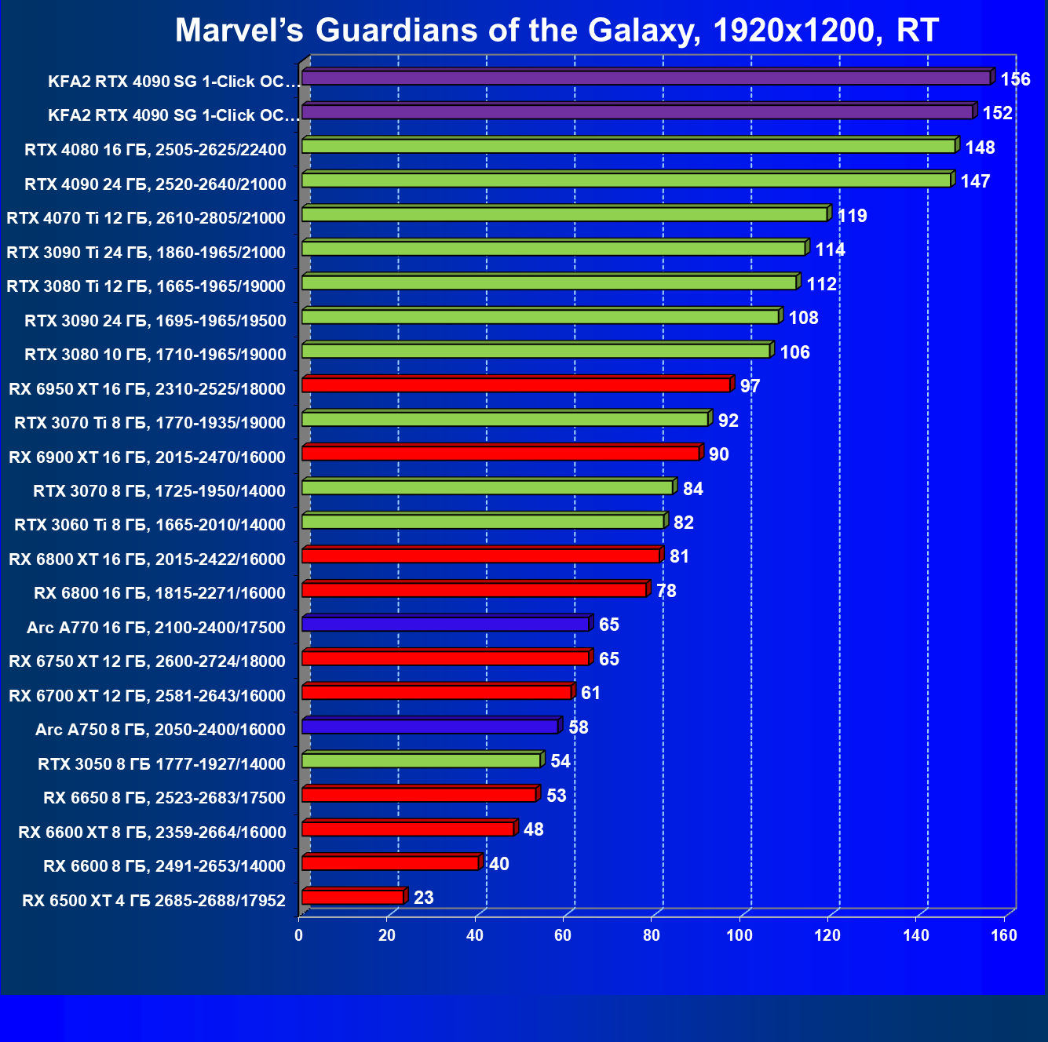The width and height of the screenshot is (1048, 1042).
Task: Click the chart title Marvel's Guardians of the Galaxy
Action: (556, 31)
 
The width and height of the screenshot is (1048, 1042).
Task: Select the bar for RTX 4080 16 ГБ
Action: (628, 146)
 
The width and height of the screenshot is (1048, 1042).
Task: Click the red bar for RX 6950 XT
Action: (516, 384)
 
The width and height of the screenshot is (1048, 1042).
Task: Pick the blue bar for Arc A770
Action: (445, 624)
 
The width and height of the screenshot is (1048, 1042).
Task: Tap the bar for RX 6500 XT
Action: (352, 897)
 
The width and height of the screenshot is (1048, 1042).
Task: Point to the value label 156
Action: (1015, 79)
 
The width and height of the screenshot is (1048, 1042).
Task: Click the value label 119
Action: (853, 216)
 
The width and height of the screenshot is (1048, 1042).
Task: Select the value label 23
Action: (424, 898)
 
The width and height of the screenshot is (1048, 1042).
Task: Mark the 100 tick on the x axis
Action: (739, 935)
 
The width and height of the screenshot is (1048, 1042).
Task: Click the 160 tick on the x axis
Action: (1004, 935)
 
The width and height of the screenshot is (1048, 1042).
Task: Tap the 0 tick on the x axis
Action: (298, 935)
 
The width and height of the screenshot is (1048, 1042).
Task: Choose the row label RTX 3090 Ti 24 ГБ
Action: (146, 252)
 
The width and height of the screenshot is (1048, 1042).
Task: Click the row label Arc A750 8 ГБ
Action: (160, 730)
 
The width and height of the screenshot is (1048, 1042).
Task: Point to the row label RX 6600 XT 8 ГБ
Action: (152, 832)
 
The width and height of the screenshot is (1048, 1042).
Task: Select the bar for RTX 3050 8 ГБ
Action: (421, 760)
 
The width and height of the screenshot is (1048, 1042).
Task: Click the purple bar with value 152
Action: (637, 112)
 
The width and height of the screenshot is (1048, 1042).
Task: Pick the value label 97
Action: (750, 386)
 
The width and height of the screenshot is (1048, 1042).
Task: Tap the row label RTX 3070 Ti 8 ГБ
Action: (150, 423)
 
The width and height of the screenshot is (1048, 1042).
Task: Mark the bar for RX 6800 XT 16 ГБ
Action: (480, 556)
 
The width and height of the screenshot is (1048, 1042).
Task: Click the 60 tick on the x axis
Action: (563, 935)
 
